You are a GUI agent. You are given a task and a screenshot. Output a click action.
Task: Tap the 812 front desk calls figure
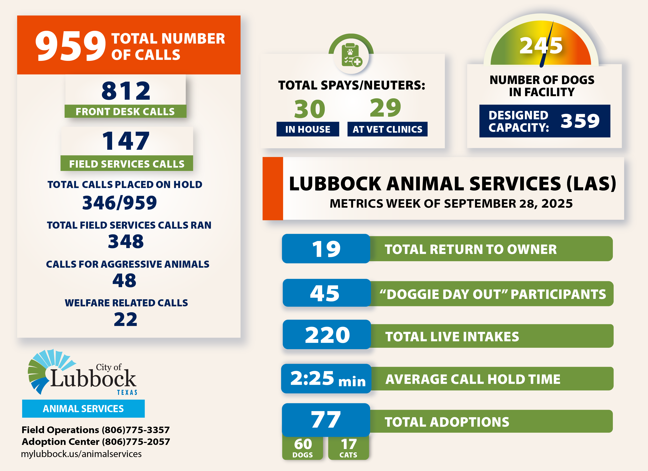126,91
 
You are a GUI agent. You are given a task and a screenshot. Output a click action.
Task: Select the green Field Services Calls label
127,164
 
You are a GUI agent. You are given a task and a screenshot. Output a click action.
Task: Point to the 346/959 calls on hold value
119,203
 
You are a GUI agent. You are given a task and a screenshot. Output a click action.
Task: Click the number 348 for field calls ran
126,241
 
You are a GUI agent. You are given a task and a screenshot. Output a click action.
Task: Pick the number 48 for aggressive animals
124,280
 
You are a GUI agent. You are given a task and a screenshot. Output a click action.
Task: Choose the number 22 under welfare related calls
125,319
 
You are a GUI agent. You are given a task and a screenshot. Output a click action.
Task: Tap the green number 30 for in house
310,109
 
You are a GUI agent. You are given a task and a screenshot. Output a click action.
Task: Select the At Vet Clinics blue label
387,129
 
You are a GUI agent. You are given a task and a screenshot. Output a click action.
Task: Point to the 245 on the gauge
541,46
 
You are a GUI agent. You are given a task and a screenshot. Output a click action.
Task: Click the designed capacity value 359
580,121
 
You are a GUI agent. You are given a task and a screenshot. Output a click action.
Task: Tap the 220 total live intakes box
327,335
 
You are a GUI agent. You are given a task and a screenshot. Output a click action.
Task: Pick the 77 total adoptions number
326,420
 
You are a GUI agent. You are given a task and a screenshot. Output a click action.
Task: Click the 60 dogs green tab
303,447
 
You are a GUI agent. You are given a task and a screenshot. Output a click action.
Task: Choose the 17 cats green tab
348,447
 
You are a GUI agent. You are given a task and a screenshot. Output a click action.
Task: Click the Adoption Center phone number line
96,442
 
